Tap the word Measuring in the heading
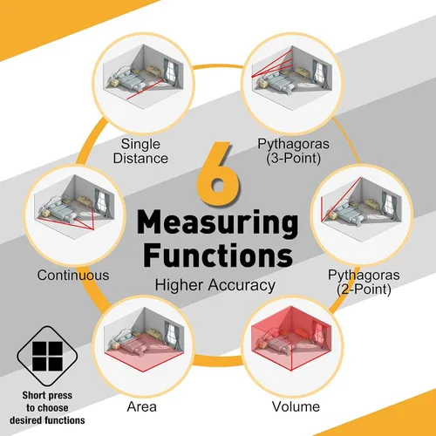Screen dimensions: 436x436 (217, 223)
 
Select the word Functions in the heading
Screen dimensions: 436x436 (218, 254)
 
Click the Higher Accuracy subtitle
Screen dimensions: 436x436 (215, 285)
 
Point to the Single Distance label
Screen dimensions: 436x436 (140, 151)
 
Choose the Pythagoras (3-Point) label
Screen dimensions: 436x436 (294, 151)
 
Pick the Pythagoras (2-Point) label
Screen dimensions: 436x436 (364, 282)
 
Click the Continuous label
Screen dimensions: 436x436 (73, 275)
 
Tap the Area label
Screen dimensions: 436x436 (142, 406)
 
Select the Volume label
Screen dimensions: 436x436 (296, 406)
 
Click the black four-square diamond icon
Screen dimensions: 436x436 (47, 357)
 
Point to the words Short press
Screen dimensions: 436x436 (47, 395)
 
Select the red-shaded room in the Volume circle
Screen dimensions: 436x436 (291, 338)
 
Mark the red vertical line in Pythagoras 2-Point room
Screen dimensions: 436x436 (322, 208)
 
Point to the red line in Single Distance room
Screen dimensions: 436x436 (146, 90)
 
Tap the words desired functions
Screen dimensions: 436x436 (47, 420)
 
